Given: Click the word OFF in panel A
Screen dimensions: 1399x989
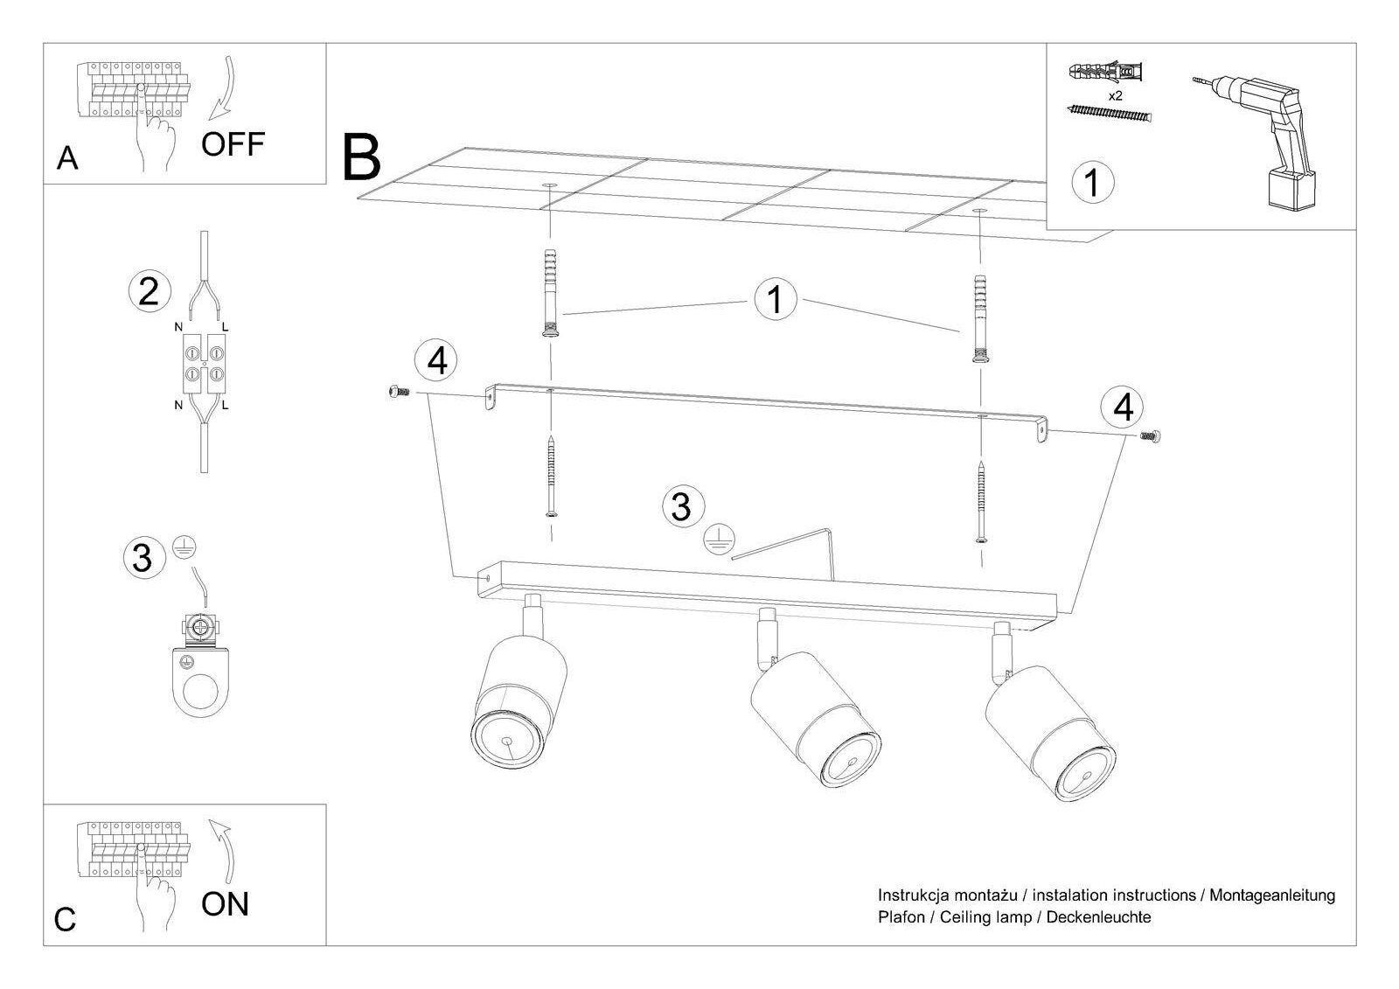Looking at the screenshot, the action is pos(233,144).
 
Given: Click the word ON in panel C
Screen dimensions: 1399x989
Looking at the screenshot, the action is pos(225,904).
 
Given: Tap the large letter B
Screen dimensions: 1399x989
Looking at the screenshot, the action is pos(362,157).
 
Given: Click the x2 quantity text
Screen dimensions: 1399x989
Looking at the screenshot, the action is pos(1115,96).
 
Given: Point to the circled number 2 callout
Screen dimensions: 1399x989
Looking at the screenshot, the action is pos(150,292).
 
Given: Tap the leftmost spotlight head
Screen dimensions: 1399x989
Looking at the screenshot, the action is pos(519,701).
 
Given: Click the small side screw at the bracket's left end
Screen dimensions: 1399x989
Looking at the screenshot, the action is pos(399,392).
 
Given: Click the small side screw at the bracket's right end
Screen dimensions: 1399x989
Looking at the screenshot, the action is pos(1150,436).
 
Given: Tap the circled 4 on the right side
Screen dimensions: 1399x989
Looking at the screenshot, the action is pos(1123,407).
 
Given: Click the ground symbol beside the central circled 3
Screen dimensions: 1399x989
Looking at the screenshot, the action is pos(719,539).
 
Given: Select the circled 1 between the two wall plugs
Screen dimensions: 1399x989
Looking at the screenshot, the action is pos(775,299).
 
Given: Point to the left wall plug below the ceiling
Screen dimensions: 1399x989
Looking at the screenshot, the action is pos(550,293).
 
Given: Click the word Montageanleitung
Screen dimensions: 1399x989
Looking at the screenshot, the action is pos(1272,895).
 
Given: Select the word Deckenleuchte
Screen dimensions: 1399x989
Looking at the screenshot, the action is pos(1098,917).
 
